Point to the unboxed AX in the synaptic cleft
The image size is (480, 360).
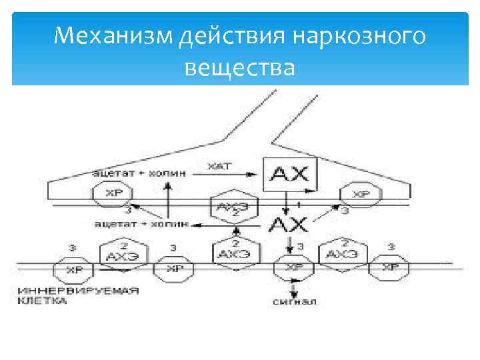[x=289, y=223]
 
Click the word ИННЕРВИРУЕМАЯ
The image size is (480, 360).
[x=79, y=291]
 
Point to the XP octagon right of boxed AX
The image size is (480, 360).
[x=361, y=195]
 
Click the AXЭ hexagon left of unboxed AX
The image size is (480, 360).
[x=230, y=207]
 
